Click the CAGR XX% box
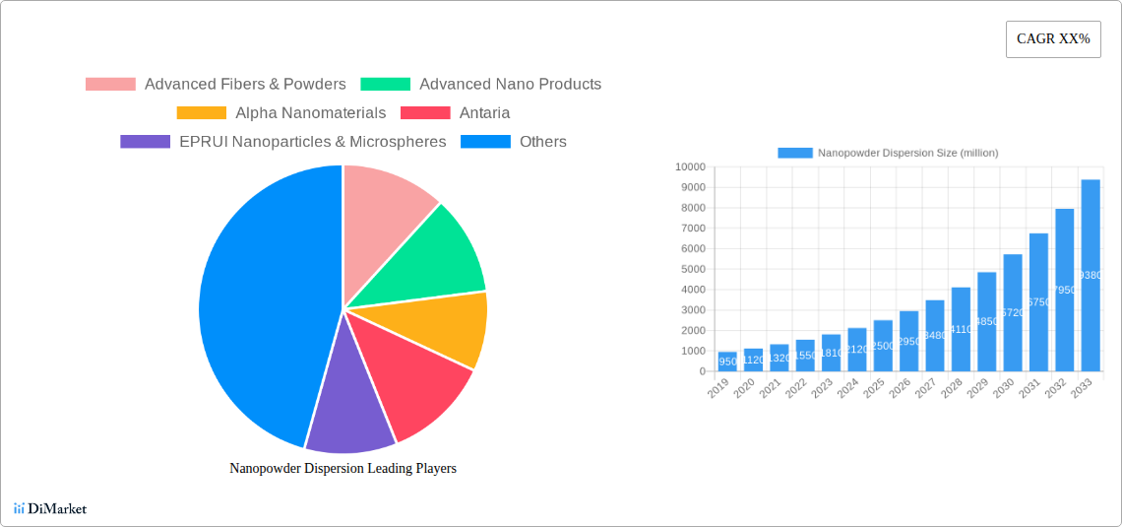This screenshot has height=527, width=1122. [1052, 39]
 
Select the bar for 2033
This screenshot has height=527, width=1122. [1091, 276]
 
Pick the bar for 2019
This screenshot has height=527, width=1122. [727, 362]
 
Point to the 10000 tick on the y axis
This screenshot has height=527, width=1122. [689, 167]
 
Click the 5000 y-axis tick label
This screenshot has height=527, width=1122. [692, 270]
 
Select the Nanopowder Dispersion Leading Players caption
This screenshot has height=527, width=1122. [343, 469]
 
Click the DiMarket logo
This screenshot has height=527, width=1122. [50, 509]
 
